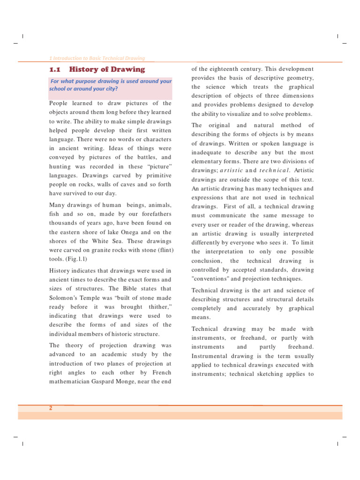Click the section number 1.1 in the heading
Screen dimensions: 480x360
(x=55, y=70)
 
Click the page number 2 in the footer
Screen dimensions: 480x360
(x=51, y=408)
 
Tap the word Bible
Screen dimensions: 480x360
(x=132, y=289)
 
